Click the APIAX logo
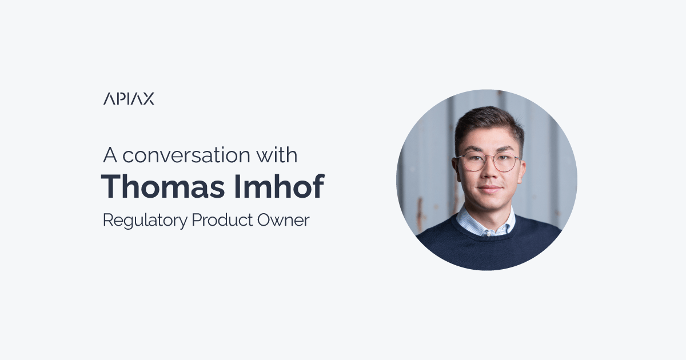[x=129, y=98]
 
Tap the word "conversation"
[x=186, y=155]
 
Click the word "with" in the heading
[x=277, y=155]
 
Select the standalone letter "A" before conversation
[x=110, y=155]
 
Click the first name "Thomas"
[x=163, y=186]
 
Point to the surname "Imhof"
[x=279, y=186]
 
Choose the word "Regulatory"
[x=145, y=221]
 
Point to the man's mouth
[x=490, y=189]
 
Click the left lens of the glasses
[x=473, y=162]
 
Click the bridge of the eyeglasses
[x=490, y=160]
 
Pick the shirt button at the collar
[x=489, y=234]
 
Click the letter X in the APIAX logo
[x=149, y=98]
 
